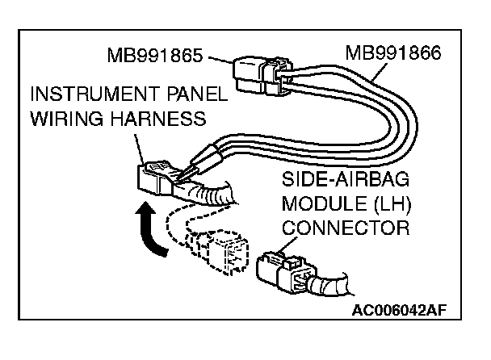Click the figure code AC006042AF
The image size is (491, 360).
point(399,308)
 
